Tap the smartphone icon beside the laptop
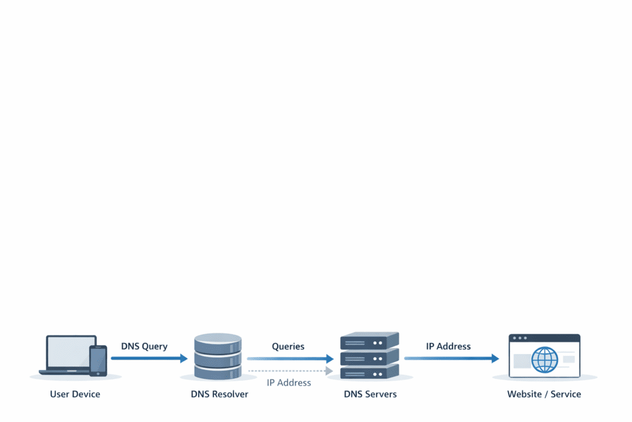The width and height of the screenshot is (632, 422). (x=98, y=360)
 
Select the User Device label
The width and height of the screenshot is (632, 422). (x=75, y=394)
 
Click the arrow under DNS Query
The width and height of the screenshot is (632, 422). (x=149, y=358)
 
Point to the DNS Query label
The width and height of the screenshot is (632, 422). (x=144, y=347)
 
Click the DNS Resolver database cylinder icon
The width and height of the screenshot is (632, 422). (x=217, y=356)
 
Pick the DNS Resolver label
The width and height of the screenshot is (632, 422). (x=219, y=394)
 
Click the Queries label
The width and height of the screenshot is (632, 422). (x=288, y=347)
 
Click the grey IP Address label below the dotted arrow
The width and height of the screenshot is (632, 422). (x=289, y=382)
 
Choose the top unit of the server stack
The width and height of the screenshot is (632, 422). (x=370, y=340)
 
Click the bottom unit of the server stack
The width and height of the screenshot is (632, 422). (x=370, y=371)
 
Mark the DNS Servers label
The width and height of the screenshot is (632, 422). (x=370, y=394)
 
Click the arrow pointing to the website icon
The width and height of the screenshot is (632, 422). (x=451, y=358)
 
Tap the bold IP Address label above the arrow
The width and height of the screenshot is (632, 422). (x=449, y=347)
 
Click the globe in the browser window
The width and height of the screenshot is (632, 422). (x=544, y=360)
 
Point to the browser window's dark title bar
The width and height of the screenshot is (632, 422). (x=544, y=338)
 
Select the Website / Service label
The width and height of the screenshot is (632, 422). (x=544, y=394)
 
